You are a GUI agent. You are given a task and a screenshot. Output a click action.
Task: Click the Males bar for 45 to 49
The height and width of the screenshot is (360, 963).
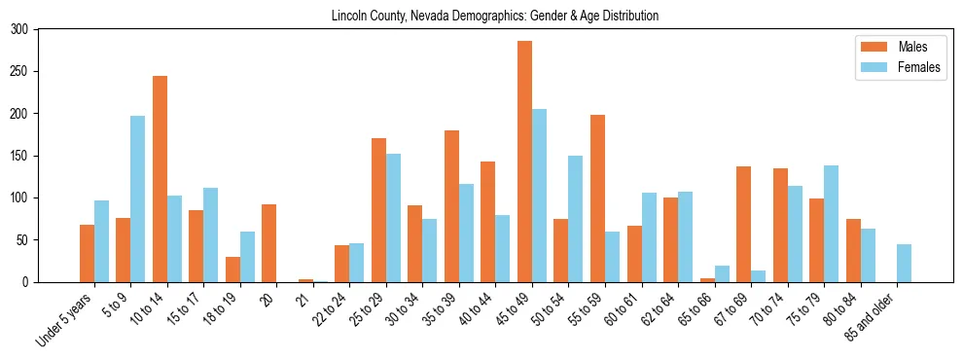524,162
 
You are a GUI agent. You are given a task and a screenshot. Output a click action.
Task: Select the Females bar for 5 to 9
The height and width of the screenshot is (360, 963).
138,199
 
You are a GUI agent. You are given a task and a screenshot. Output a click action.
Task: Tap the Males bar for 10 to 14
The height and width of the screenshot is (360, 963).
160,179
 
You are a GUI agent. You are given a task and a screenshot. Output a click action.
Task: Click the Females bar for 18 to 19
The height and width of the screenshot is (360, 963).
247,257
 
